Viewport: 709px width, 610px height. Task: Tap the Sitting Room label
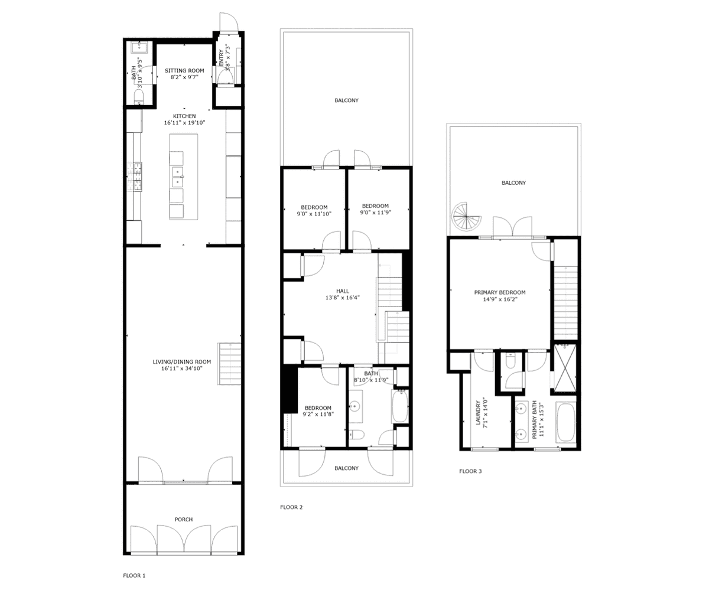pyautogui.click(x=184, y=71)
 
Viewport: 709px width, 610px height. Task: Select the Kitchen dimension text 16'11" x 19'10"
pyautogui.click(x=184, y=123)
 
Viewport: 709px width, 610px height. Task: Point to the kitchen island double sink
pyautogui.click(x=178, y=176)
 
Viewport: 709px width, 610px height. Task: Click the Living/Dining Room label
pyautogui.click(x=182, y=362)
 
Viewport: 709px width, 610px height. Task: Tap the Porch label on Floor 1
pyautogui.click(x=184, y=520)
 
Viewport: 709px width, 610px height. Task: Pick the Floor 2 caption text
pyautogui.click(x=291, y=507)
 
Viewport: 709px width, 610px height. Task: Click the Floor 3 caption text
pyautogui.click(x=470, y=471)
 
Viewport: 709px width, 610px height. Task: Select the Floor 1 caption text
pyautogui.click(x=134, y=575)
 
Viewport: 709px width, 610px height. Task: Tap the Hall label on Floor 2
pyautogui.click(x=342, y=291)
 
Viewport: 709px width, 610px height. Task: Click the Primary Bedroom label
pyautogui.click(x=500, y=292)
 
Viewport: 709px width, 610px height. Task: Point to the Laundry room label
pyautogui.click(x=478, y=413)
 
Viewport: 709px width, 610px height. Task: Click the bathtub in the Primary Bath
pyautogui.click(x=565, y=422)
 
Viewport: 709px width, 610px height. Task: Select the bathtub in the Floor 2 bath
pyautogui.click(x=400, y=406)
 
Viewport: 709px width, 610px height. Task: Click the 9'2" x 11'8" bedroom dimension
pyautogui.click(x=318, y=414)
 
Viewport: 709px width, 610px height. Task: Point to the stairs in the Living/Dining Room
pyautogui.click(x=229, y=364)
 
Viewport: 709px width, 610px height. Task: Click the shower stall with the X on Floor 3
pyautogui.click(x=565, y=367)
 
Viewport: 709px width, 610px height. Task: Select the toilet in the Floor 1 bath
pyautogui.click(x=138, y=97)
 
